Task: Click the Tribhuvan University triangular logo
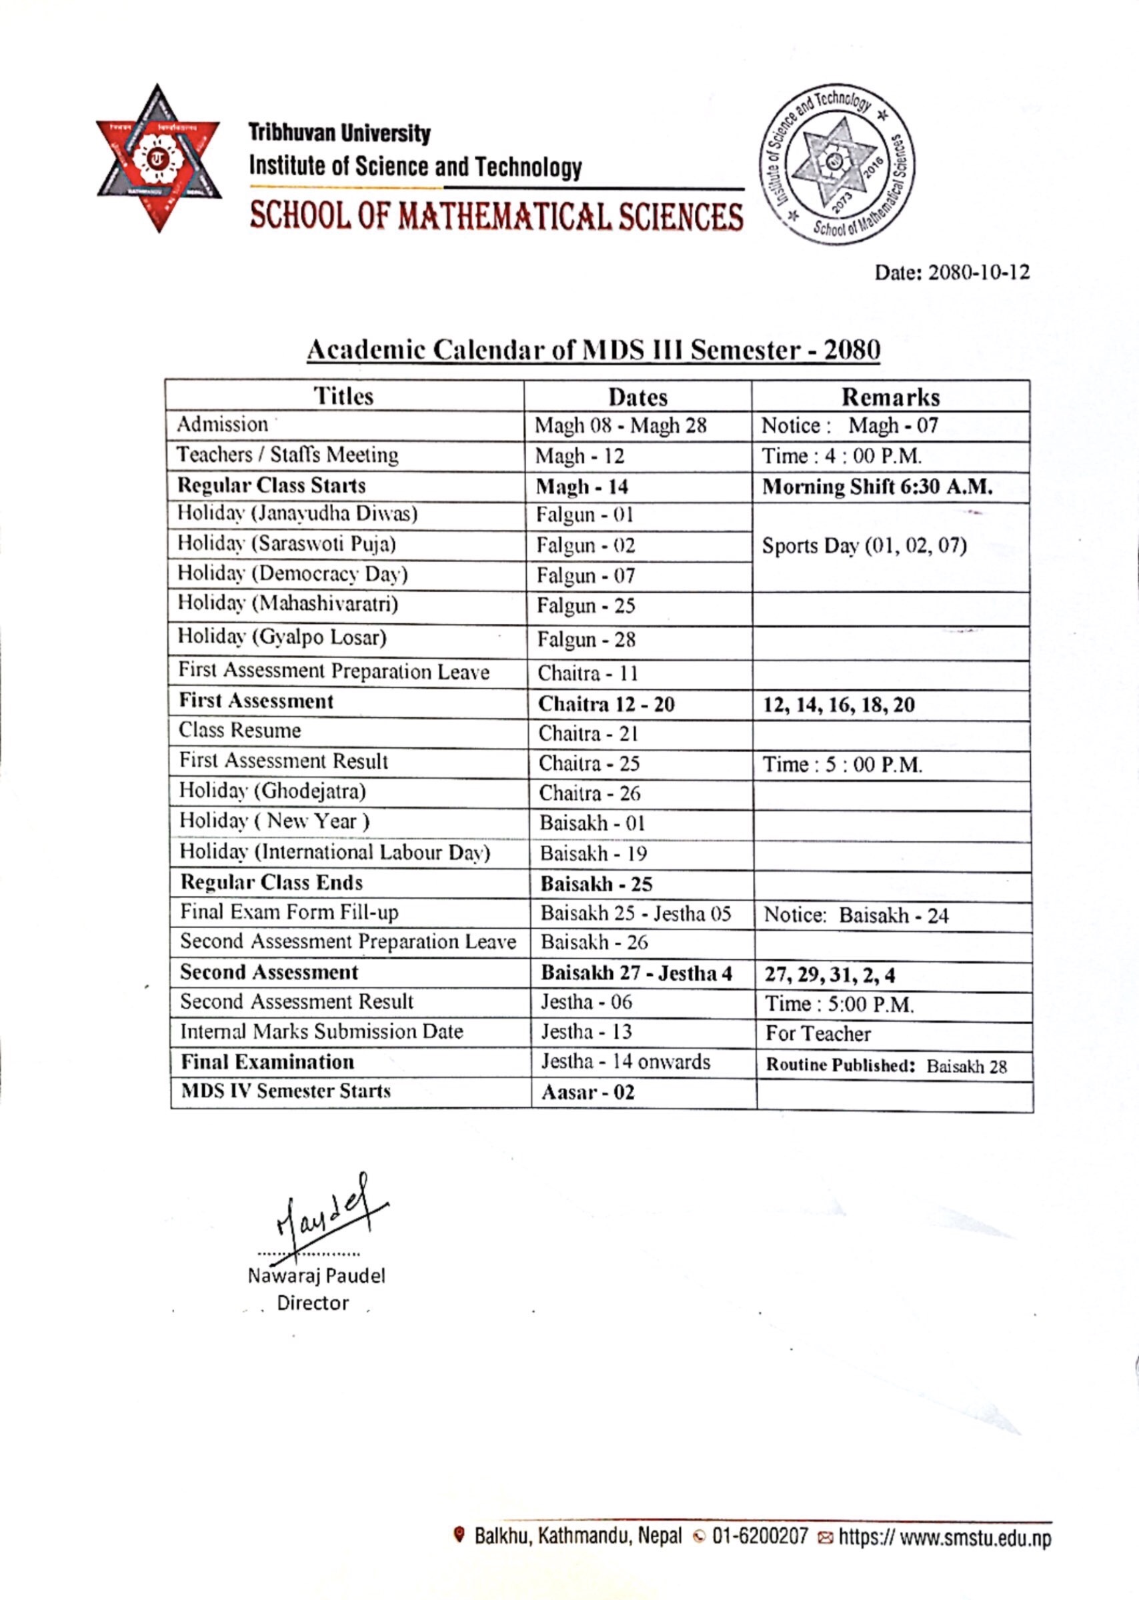(159, 158)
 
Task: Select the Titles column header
(343, 396)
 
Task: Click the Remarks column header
(890, 397)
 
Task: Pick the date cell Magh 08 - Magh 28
(620, 425)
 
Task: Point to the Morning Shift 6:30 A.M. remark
(877, 487)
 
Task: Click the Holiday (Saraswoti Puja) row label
(286, 544)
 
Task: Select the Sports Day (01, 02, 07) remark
(864, 545)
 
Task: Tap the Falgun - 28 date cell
(586, 639)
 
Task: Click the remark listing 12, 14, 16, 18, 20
(838, 705)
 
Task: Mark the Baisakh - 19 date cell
(593, 853)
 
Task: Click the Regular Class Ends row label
(271, 882)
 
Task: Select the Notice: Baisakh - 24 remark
(856, 915)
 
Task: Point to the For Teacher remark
(818, 1033)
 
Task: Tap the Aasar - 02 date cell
(588, 1093)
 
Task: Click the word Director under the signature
(313, 1303)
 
